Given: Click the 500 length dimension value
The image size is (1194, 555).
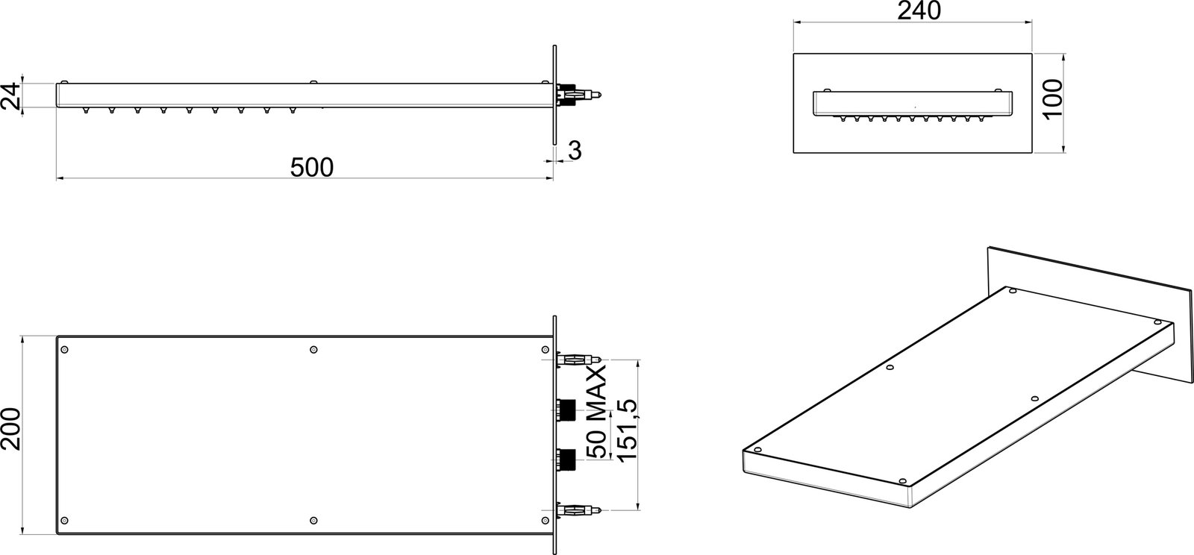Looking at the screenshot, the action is coord(312,167).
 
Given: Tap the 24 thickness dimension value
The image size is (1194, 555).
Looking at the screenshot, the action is coord(10,96).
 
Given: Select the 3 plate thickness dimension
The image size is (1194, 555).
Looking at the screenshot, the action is coord(575,151).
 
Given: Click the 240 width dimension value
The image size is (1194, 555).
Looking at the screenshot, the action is coord(919,10).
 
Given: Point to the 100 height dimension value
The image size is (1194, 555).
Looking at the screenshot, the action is coord(1053,100).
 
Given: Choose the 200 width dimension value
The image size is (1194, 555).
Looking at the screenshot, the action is coord(10,429).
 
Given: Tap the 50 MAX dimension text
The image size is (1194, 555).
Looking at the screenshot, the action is coord(596,412).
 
